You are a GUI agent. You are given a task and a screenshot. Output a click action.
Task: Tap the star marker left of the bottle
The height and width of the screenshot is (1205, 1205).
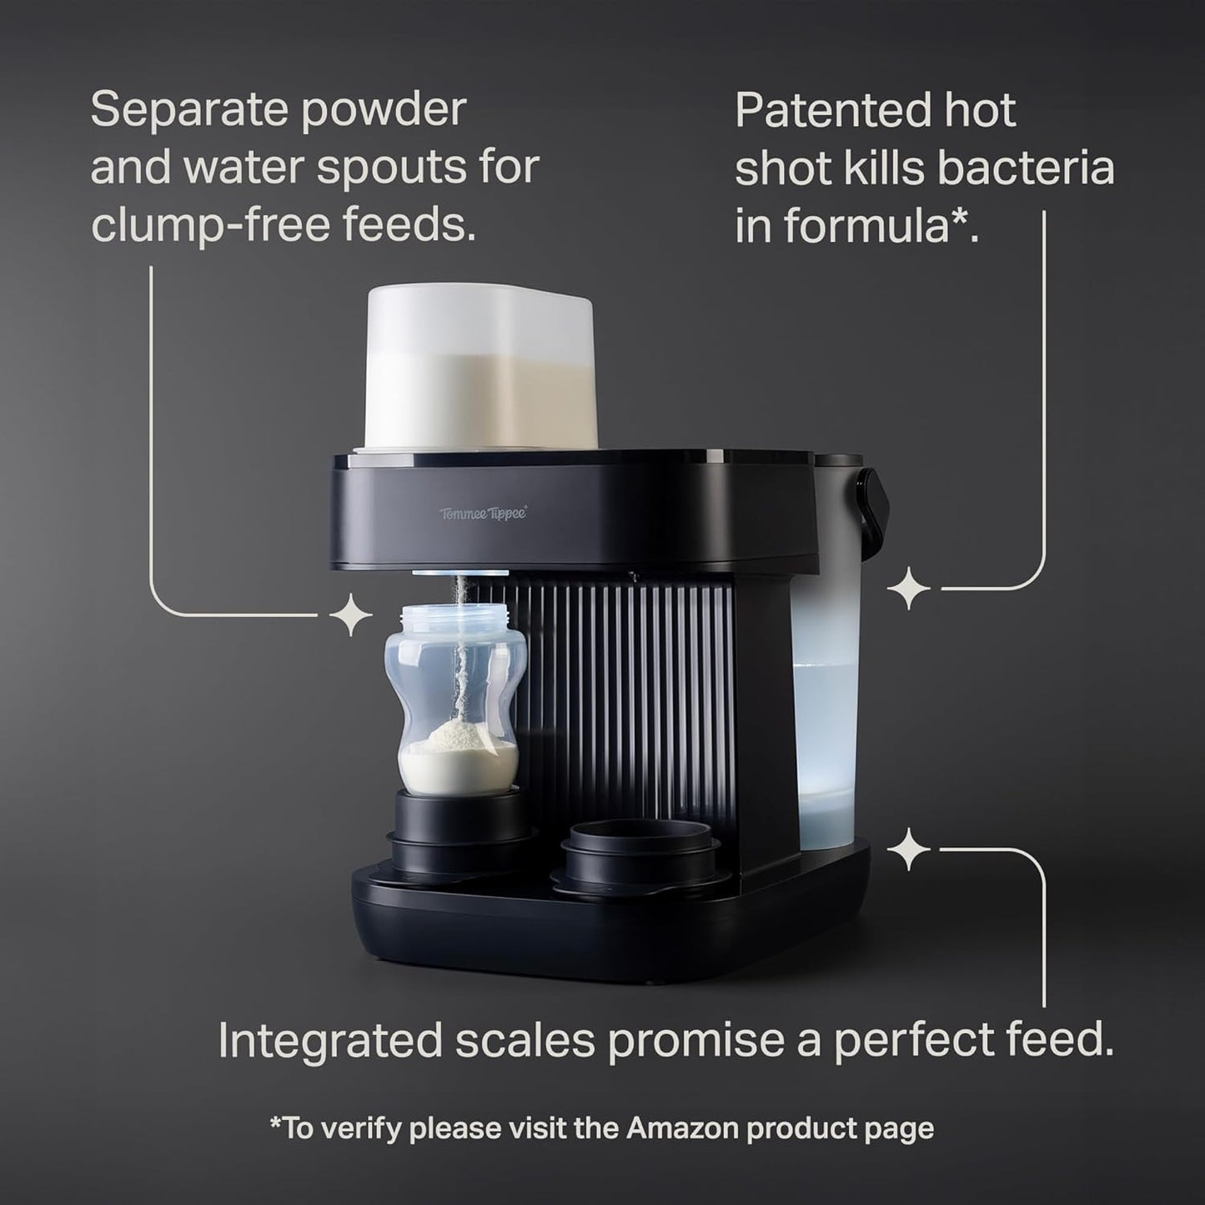pyautogui.click(x=351, y=617)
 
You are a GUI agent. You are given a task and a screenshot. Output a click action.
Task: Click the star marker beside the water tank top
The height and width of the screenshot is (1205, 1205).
pyautogui.click(x=908, y=590)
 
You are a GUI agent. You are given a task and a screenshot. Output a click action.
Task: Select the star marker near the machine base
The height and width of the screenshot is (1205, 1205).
pyautogui.click(x=908, y=851)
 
